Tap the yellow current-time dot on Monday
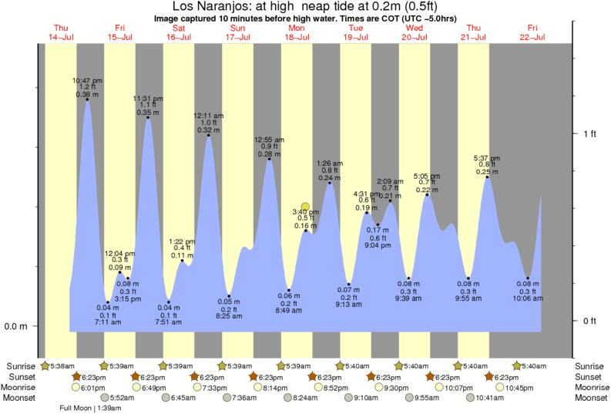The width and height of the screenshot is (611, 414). (x=305, y=207)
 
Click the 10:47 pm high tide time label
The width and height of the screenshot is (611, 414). (x=87, y=79)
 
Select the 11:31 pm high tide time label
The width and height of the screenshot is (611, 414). (x=148, y=98)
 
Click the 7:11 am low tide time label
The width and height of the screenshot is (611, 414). (x=108, y=322)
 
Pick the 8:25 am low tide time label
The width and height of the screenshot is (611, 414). (x=229, y=316)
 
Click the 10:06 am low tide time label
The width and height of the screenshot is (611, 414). (x=528, y=298)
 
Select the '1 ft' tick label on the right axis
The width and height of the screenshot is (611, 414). (x=589, y=133)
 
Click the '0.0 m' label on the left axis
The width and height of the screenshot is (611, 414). (x=15, y=326)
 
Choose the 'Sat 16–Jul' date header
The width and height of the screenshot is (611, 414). (x=179, y=32)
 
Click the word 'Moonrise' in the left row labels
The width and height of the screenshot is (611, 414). (x=19, y=387)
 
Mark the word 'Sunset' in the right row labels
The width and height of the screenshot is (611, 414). (x=591, y=376)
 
